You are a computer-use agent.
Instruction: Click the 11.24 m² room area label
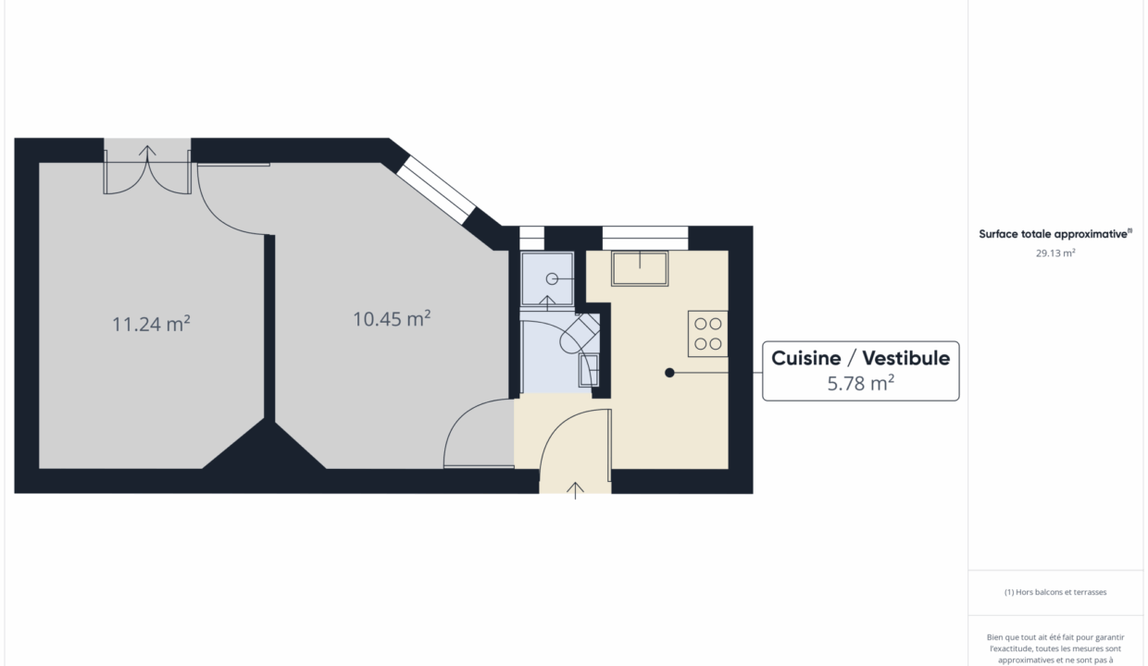[151, 324]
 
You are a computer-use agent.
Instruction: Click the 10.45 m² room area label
[392, 319]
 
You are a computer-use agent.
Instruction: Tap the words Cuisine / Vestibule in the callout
[860, 358]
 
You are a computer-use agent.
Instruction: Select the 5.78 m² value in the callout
[861, 384]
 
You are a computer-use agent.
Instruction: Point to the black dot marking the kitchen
[669, 373]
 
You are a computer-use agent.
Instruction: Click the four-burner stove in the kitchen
[707, 334]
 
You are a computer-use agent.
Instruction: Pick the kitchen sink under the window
[640, 268]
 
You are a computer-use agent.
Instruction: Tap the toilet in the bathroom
[580, 333]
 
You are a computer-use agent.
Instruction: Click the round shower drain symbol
[552, 279]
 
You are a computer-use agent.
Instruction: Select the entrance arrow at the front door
[575, 490]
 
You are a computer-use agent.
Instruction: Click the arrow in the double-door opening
[147, 153]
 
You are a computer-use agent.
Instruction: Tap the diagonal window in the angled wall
[436, 190]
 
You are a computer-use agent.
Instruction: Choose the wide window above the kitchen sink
[644, 238]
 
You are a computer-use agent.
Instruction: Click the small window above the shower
[531, 238]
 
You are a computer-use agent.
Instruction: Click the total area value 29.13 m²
[1055, 253]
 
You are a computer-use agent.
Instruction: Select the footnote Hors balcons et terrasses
[1055, 592]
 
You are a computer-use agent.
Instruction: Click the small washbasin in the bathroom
[589, 370]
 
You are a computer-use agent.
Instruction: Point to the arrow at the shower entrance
[547, 302]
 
